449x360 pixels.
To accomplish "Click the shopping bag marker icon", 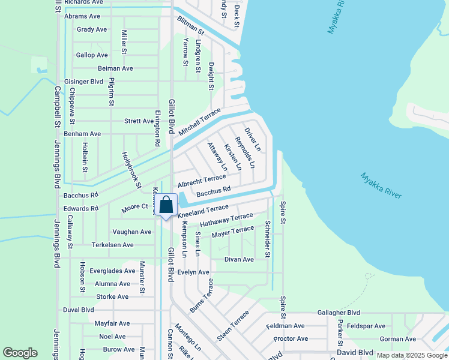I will click(x=167, y=205).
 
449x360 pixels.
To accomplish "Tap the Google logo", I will click(x=20, y=353).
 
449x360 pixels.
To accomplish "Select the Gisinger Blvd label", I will click(x=83, y=82).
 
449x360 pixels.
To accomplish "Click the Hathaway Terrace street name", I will click(x=226, y=220).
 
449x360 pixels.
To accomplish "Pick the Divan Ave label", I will click(x=239, y=260).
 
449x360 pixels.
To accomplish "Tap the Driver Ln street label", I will click(x=253, y=139).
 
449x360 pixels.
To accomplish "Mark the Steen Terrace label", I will click(x=233, y=326).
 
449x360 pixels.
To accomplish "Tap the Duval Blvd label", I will click(x=79, y=310).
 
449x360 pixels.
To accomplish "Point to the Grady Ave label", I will click(x=92, y=29).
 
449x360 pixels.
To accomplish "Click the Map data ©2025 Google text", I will click(x=411, y=355).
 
